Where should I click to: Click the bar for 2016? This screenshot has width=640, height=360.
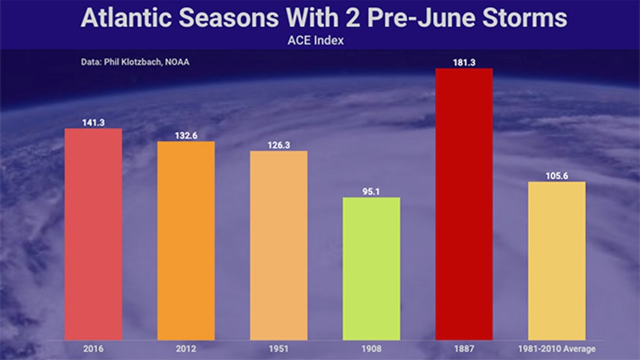[x=93, y=235]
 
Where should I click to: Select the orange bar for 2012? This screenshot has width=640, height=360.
[x=186, y=241]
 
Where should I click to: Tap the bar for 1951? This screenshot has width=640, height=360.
[x=279, y=246]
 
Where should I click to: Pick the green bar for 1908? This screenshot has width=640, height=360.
[x=372, y=269]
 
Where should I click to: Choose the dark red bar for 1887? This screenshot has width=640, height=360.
[x=464, y=204]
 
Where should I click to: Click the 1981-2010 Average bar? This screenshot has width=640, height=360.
[x=556, y=261]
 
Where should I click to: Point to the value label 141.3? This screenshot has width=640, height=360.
[x=93, y=122]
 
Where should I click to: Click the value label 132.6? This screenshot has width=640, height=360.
[x=186, y=135]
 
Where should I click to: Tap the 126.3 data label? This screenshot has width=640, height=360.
[x=279, y=145]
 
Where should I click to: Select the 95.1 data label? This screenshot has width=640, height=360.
[x=371, y=191]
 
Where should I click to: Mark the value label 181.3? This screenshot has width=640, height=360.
[x=464, y=63]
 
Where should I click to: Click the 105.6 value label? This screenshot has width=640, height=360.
[x=556, y=176]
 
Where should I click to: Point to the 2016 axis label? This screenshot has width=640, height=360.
[x=93, y=349]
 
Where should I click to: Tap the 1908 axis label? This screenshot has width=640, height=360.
[x=372, y=349]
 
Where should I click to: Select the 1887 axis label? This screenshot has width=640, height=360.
[x=464, y=349]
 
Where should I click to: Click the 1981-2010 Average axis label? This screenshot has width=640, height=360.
[x=556, y=349]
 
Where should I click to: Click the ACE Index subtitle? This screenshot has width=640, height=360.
[x=315, y=41]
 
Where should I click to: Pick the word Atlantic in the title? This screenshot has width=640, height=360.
[x=125, y=18]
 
